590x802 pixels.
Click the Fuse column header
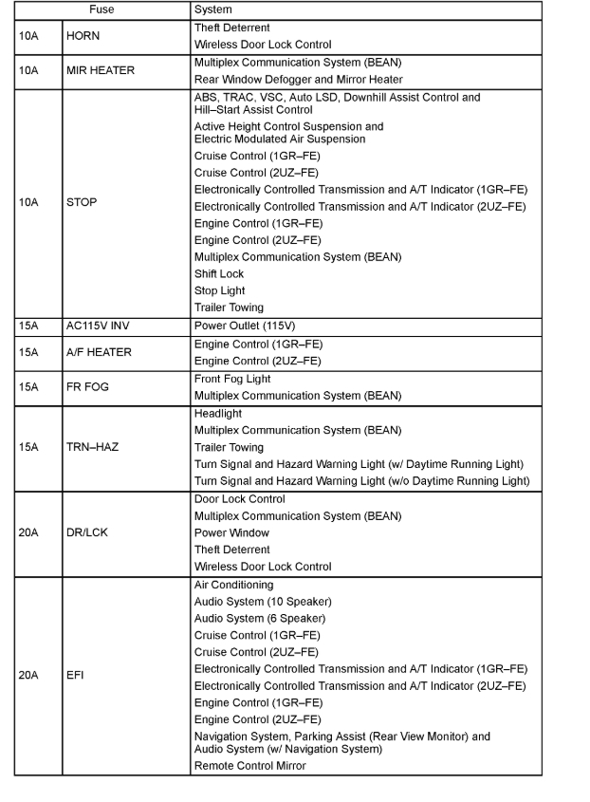(101, 9)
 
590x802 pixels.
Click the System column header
(212, 9)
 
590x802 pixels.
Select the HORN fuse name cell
(83, 36)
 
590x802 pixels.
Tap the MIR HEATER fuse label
(100, 70)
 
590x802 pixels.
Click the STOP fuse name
(82, 202)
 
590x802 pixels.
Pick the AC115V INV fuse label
(98, 326)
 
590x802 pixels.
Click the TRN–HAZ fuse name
(92, 447)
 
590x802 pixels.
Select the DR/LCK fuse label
(87, 532)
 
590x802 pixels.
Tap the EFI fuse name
(75, 677)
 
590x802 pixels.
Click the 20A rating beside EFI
(28, 677)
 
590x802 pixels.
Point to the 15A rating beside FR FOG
(28, 387)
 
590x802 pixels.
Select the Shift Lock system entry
(219, 274)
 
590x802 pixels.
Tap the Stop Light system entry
(220, 291)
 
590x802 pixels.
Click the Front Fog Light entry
(232, 379)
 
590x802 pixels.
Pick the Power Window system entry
(231, 533)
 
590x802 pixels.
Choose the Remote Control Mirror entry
(250, 766)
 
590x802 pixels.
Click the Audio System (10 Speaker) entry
(263, 602)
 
